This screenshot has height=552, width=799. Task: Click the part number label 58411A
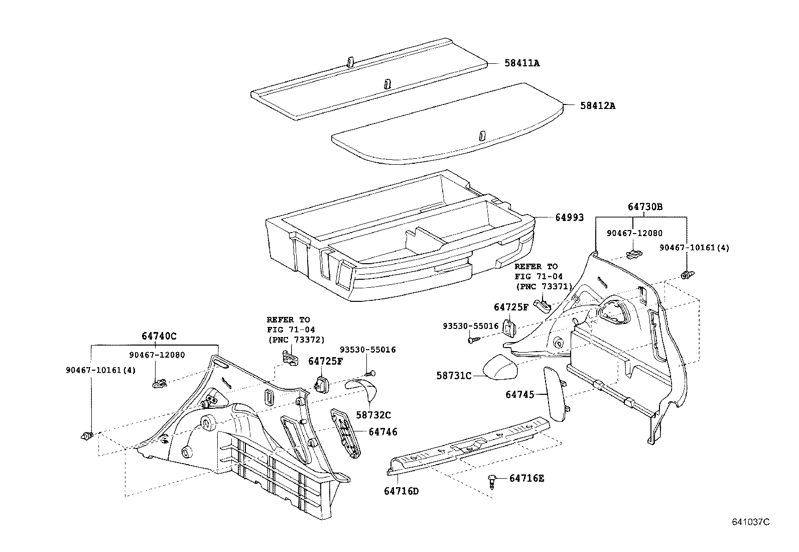tap(522, 63)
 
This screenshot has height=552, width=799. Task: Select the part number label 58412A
tap(598, 106)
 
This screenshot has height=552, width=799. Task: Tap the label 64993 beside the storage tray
tap(569, 217)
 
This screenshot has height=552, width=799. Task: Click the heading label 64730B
tap(645, 207)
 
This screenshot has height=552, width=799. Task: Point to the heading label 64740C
tap(159, 336)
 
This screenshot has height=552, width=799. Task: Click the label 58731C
tap(454, 375)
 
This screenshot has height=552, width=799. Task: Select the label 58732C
tap(373, 415)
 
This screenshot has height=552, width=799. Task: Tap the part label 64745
tap(520, 395)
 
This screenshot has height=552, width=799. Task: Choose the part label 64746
tap(383, 431)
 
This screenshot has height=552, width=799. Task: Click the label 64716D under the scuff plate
tap(401, 491)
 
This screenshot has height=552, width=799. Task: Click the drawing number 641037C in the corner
tap(750, 522)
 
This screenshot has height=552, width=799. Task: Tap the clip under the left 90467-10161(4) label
tap(87, 435)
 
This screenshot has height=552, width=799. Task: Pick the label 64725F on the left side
tap(325, 361)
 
